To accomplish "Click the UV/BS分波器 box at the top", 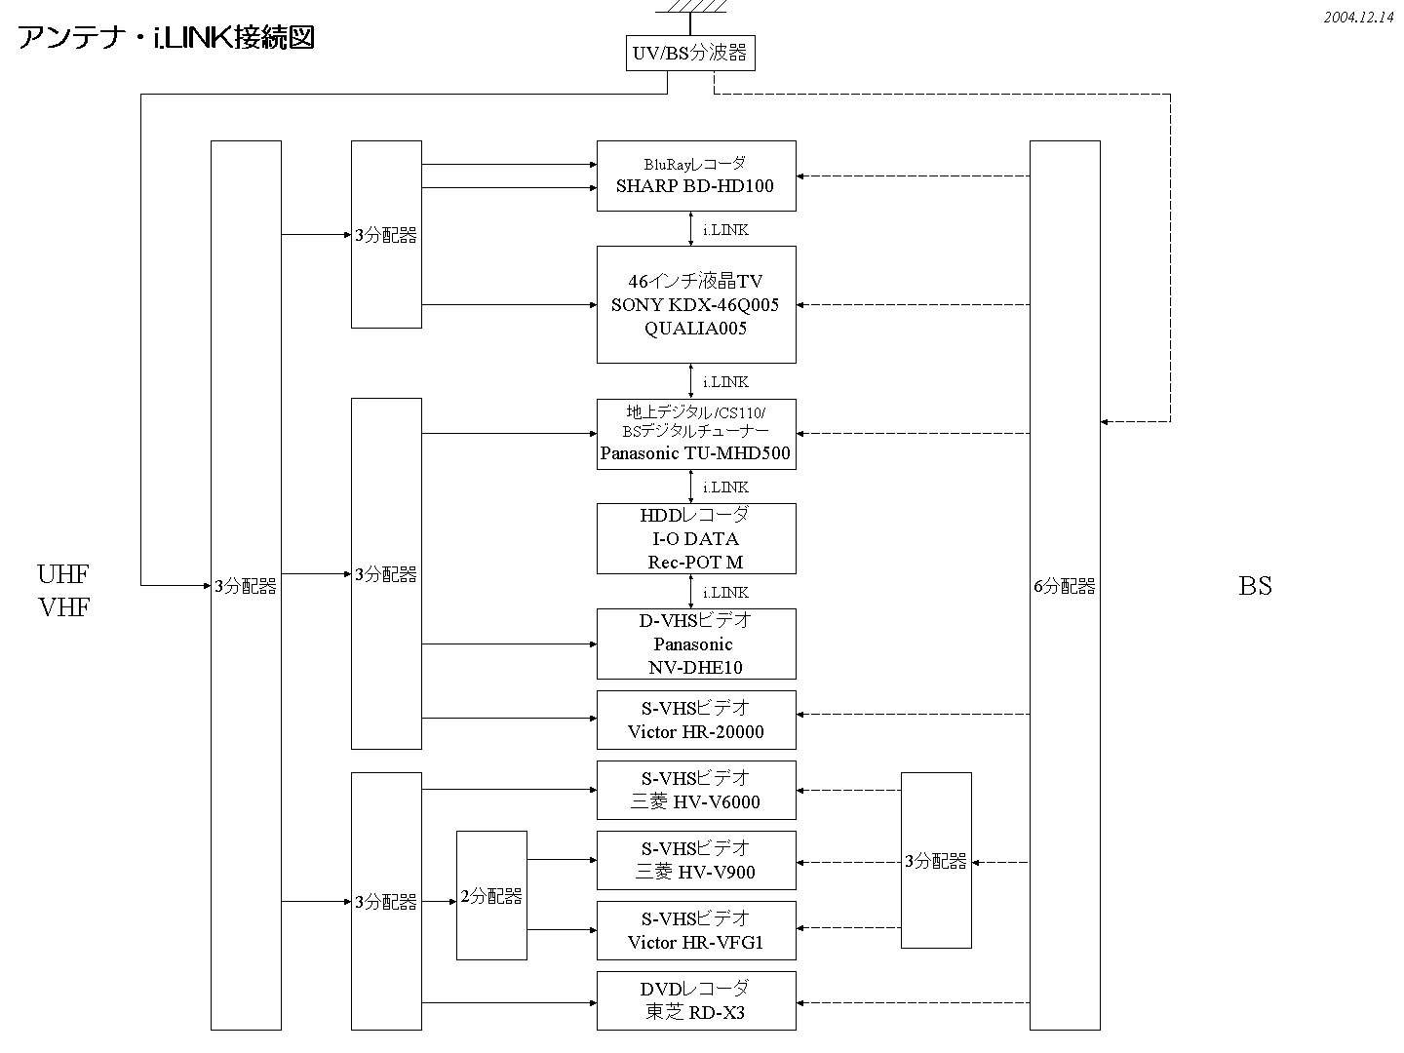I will tap(689, 53).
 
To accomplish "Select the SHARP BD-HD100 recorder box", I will tap(696, 175).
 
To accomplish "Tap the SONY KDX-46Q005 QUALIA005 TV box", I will tap(696, 304).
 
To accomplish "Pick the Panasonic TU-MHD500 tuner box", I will tap(696, 434).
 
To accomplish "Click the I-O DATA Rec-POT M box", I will tap(696, 538).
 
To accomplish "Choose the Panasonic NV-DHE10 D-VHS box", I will tap(696, 643).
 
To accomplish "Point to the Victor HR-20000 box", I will tap(696, 720).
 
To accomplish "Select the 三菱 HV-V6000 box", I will tap(696, 790).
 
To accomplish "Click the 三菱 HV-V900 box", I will tap(696, 860).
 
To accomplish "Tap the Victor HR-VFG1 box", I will tap(696, 930).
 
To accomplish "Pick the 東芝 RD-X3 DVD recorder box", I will tap(696, 1000).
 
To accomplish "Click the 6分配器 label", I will tap(1065, 586).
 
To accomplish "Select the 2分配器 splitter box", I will tap(491, 895).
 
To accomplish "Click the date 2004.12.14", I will tap(1359, 18).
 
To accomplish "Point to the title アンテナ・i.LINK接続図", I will tap(166, 39).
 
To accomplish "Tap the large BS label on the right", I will tap(1255, 585).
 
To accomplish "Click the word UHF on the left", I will tap(63, 573).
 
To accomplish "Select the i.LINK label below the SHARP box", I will tap(725, 230).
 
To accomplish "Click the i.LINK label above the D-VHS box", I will tap(725, 593).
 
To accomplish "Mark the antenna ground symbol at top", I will tap(690, 8).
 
